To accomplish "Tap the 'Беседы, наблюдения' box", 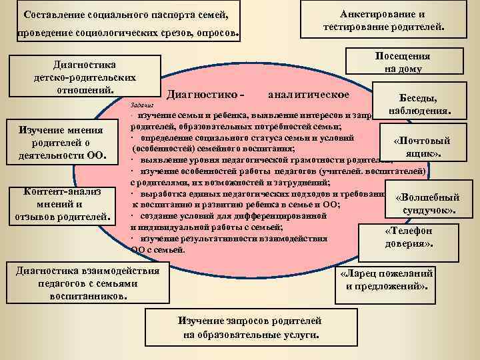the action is coord(417,103).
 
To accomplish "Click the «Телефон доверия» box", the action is coord(409,237).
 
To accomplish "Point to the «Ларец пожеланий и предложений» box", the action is coord(386,279).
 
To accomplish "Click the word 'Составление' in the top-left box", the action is coord(54,15).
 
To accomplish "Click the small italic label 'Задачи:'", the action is coord(141,105).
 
